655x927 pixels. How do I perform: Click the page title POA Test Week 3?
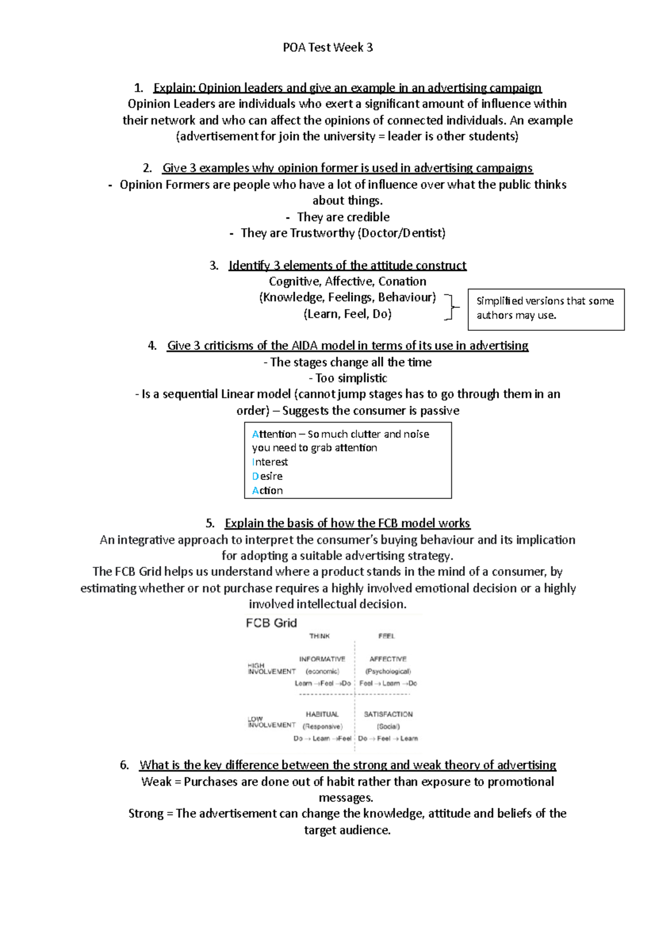click(x=327, y=47)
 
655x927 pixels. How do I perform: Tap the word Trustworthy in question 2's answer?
click(x=322, y=233)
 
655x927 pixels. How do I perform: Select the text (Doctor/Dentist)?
click(x=401, y=233)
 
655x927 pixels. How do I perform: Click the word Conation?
click(x=402, y=282)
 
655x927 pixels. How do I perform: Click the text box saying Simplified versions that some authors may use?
click(x=545, y=308)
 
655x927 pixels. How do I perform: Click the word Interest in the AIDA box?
click(x=270, y=462)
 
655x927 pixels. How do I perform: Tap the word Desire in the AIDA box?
click(x=267, y=476)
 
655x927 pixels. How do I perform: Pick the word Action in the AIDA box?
click(x=267, y=490)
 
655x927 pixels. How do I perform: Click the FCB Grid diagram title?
click(x=271, y=623)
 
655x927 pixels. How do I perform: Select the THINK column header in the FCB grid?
click(x=319, y=636)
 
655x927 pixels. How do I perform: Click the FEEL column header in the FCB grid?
click(x=386, y=636)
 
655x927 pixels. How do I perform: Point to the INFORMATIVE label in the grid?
click(x=322, y=659)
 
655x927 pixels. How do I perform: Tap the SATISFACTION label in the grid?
click(x=388, y=714)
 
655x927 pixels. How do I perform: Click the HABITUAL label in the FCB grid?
click(x=322, y=714)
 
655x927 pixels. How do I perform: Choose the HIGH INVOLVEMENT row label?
click(x=271, y=669)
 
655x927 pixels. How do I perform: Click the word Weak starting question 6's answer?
click(x=156, y=782)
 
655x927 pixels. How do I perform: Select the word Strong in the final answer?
click(x=146, y=813)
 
